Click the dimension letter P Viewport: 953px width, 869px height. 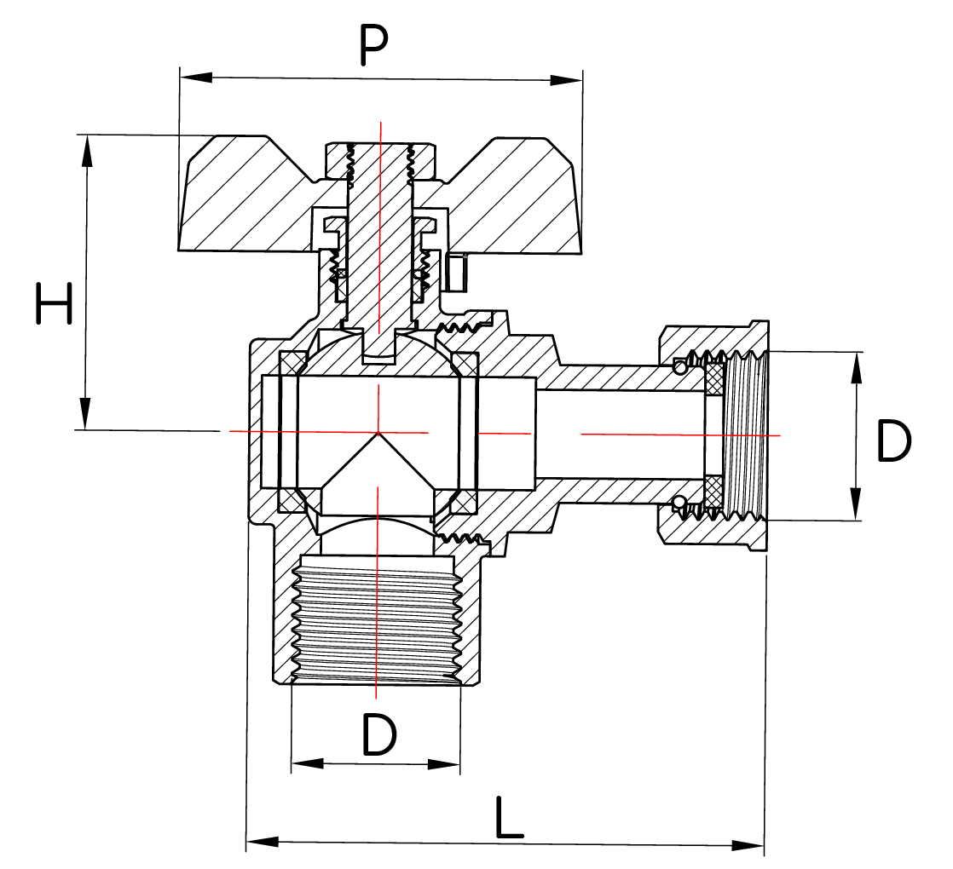[373, 46]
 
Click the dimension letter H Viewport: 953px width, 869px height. [54, 305]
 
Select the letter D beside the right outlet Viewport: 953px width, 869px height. [893, 440]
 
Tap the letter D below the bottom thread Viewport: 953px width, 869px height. [379, 734]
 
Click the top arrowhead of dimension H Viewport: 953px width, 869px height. [85, 150]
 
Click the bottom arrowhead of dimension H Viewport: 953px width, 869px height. [85, 415]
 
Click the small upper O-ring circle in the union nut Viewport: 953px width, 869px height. [679, 366]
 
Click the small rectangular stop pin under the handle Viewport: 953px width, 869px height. [457, 272]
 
